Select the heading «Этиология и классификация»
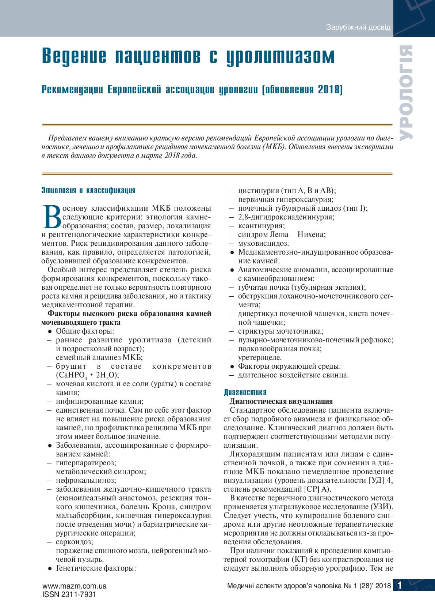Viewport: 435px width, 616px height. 88,190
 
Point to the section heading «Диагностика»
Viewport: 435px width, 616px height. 245,392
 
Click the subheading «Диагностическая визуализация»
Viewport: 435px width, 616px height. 281,401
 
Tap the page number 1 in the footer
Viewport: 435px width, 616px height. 400,586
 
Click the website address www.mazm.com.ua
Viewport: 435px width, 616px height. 75,586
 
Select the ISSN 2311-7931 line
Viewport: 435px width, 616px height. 69,594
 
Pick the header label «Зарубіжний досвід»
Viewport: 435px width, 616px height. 358,27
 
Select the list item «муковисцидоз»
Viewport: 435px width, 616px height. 263,243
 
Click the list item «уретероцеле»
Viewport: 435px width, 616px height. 259,357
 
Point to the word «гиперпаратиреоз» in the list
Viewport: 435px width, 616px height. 86,463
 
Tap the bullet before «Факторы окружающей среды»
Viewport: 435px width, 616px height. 232,367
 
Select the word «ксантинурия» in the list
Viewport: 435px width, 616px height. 261,226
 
